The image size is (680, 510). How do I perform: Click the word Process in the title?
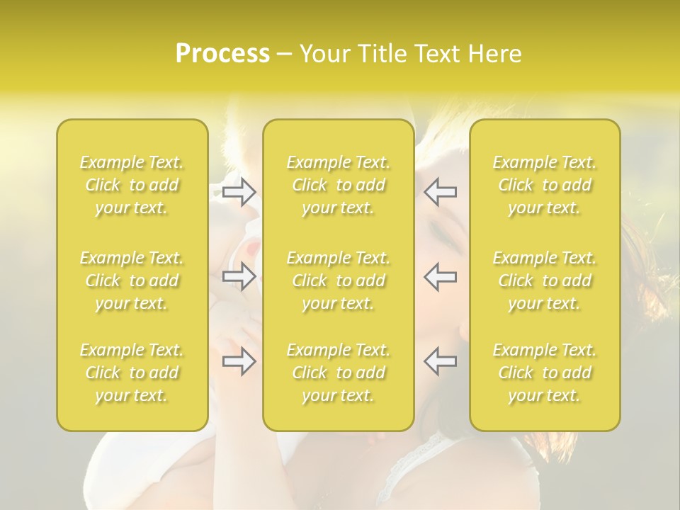(x=222, y=54)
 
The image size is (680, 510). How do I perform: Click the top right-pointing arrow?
(x=239, y=192)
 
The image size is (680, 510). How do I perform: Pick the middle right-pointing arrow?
(x=239, y=276)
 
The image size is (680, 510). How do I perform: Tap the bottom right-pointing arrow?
(x=239, y=361)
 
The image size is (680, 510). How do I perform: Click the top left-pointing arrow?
(x=441, y=192)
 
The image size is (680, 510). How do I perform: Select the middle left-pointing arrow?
(x=441, y=276)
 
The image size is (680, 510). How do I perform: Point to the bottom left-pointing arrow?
(x=441, y=361)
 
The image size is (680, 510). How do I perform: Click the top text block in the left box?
(x=132, y=185)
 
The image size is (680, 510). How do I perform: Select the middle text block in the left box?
(x=132, y=280)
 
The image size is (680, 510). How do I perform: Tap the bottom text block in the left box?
(x=132, y=373)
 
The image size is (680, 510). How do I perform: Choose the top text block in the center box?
(x=339, y=185)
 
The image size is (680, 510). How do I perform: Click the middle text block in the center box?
(x=339, y=280)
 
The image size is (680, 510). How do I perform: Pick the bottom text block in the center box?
(x=339, y=373)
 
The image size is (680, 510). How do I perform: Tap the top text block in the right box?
(x=545, y=185)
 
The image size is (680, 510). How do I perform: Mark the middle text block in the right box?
(x=545, y=280)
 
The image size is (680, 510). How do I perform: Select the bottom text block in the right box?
(x=545, y=373)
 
